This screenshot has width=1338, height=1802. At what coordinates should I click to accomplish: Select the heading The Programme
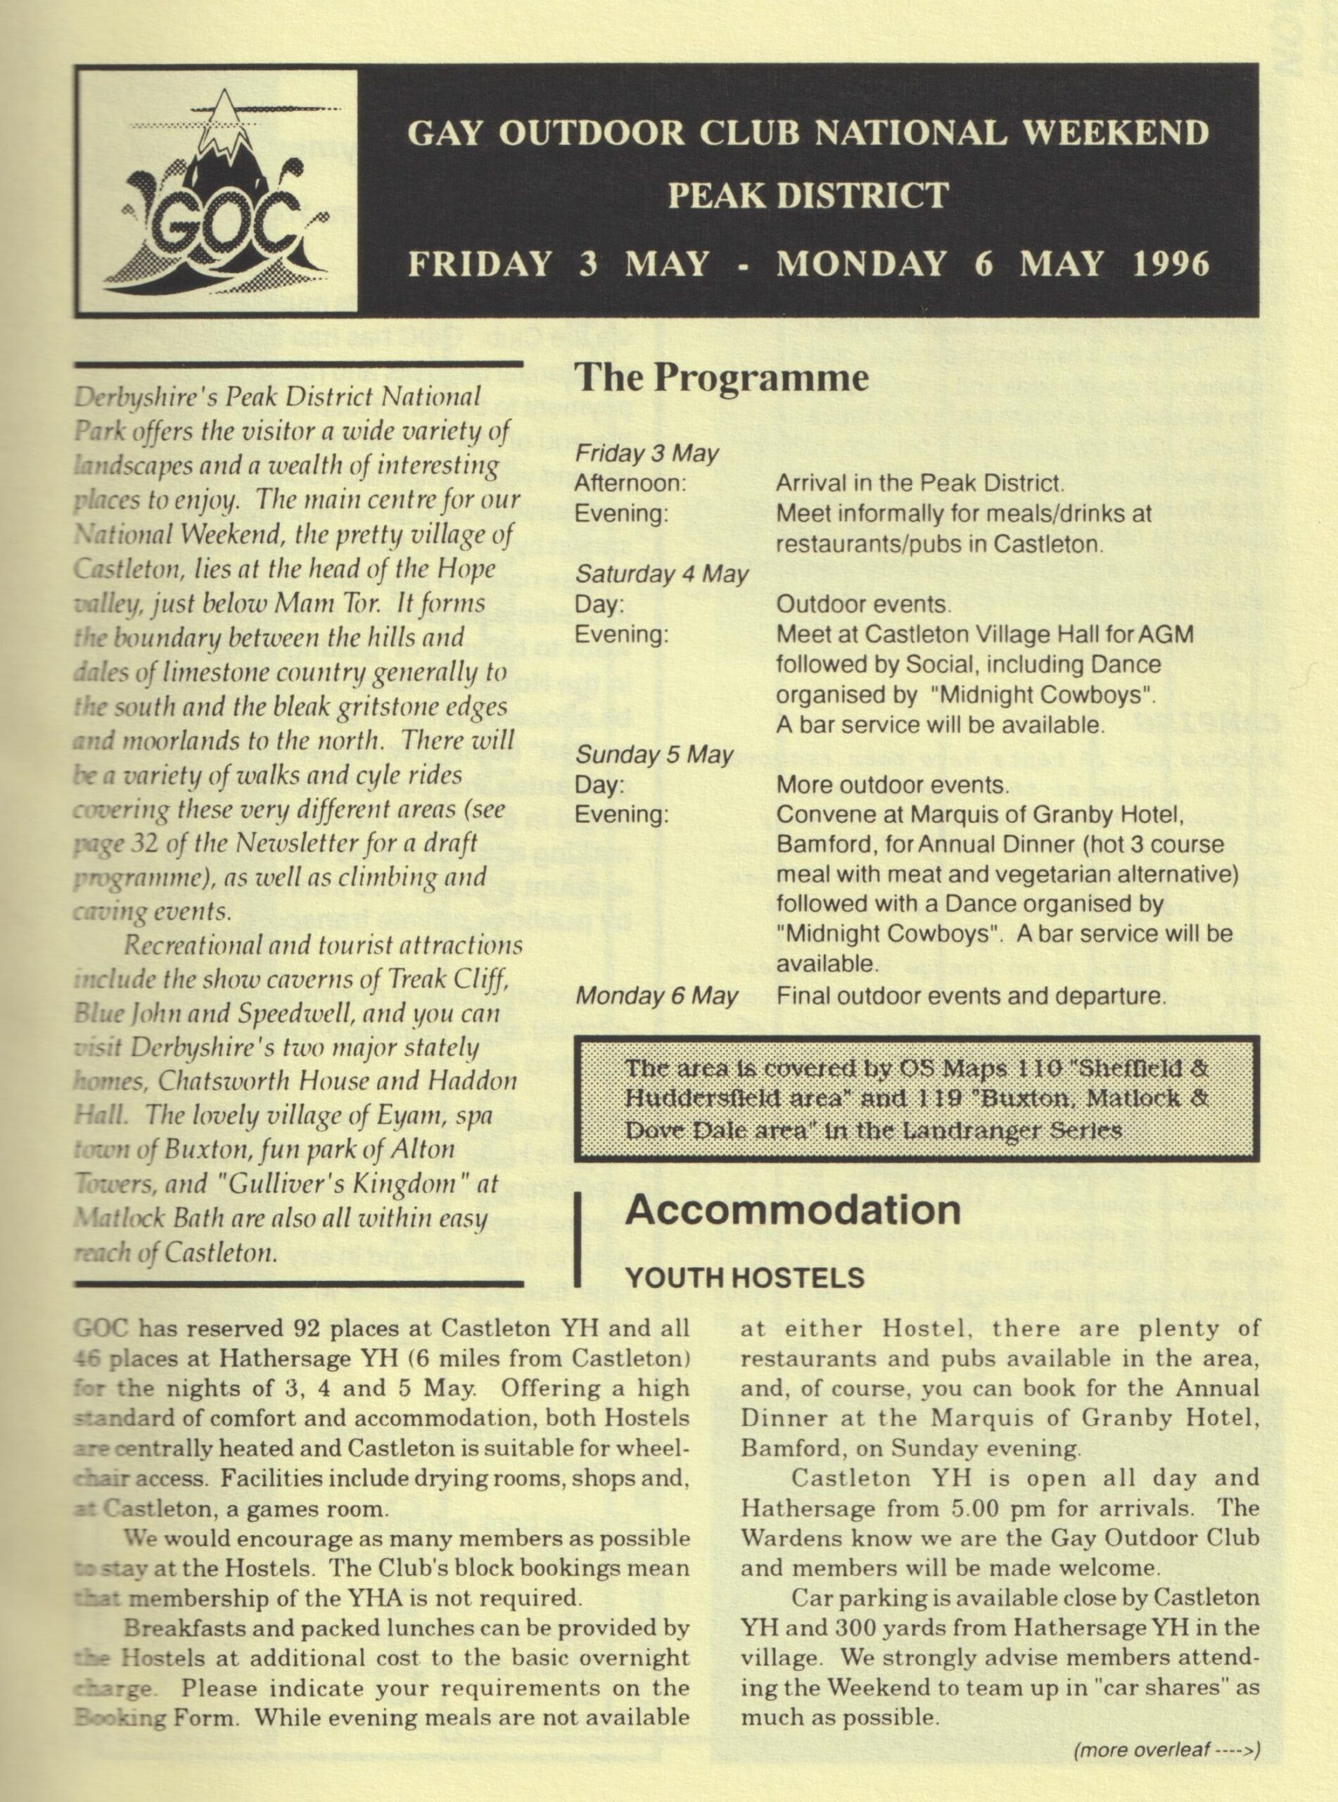pos(721,377)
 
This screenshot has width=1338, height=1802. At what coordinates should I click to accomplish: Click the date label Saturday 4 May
pos(662,574)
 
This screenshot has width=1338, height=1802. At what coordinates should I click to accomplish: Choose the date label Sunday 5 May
pos(654,755)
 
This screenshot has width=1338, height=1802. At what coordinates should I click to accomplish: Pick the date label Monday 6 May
pos(656,996)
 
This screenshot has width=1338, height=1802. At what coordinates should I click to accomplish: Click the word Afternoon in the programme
pos(630,484)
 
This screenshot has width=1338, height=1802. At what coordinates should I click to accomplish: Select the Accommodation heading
pos(793,1210)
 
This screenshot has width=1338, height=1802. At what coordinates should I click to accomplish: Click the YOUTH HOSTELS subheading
pos(745,1278)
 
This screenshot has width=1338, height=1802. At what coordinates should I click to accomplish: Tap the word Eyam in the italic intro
pos(360,1116)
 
